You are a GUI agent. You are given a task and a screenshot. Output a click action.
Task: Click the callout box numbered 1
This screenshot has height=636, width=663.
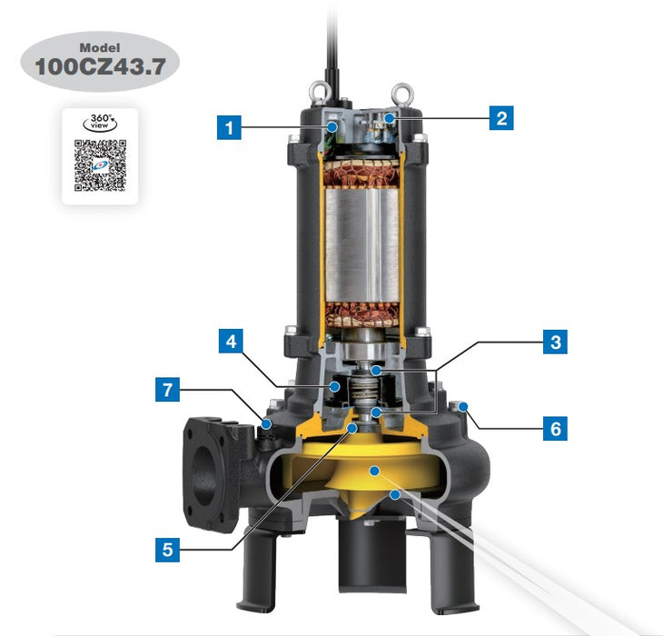point(229,126)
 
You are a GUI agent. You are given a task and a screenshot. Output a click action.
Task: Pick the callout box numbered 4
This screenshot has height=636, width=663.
point(229,343)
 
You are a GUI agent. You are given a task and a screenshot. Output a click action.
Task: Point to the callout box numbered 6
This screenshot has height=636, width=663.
point(555,427)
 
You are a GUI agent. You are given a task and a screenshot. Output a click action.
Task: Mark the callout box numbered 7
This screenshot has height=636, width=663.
point(165,392)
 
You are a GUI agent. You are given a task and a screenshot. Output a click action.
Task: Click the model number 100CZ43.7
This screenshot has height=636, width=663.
point(100,66)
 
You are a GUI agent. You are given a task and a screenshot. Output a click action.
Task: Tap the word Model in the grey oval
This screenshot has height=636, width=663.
point(100,47)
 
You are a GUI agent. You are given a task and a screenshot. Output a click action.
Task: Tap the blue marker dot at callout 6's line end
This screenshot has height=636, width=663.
point(464,405)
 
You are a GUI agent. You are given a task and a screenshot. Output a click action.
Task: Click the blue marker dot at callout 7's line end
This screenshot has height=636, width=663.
point(267,423)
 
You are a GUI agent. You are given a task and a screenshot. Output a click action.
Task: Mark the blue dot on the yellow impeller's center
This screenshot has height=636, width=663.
point(374,470)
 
